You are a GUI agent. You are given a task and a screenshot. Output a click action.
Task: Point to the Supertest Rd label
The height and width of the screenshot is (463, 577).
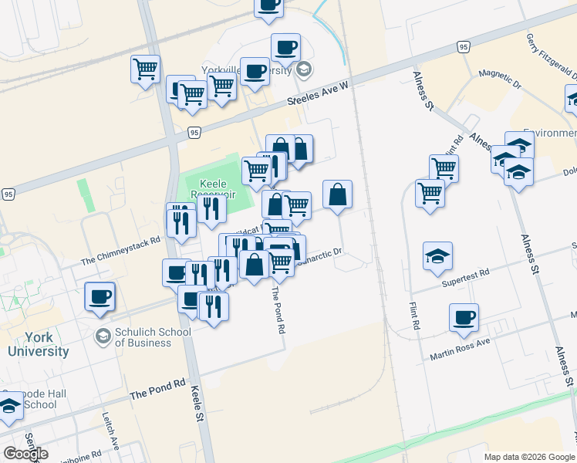(465, 279)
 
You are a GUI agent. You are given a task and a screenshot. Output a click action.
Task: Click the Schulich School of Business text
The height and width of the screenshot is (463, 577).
(153, 337)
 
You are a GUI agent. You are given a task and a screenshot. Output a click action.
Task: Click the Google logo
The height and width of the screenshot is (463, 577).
(25, 454)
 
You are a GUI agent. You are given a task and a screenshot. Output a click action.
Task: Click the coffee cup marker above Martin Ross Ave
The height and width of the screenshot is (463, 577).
(464, 316)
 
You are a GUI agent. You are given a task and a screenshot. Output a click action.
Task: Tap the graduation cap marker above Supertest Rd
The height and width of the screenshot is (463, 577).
(437, 255)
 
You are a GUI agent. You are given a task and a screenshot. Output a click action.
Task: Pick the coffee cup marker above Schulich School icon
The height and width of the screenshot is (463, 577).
(99, 296)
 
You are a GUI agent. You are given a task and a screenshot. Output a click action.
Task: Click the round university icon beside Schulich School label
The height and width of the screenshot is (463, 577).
(102, 336)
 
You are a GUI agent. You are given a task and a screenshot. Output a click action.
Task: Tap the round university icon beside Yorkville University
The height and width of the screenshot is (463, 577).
(304, 71)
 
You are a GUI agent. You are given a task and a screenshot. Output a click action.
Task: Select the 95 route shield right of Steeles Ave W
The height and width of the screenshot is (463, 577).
(463, 47)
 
